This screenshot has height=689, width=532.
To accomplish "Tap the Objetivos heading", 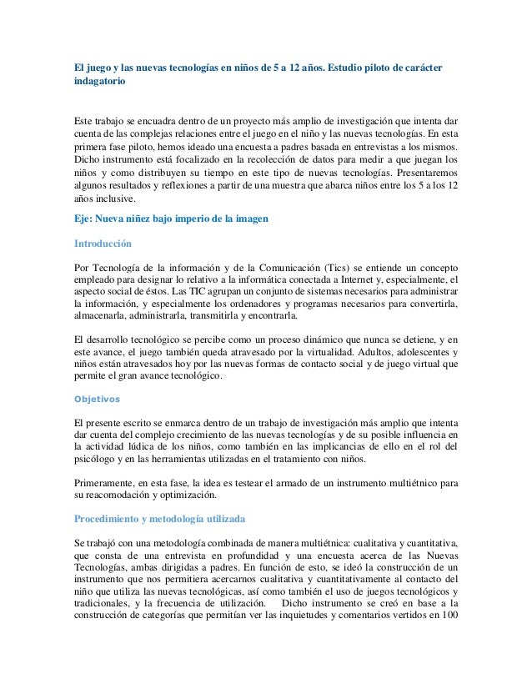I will click(x=98, y=398).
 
